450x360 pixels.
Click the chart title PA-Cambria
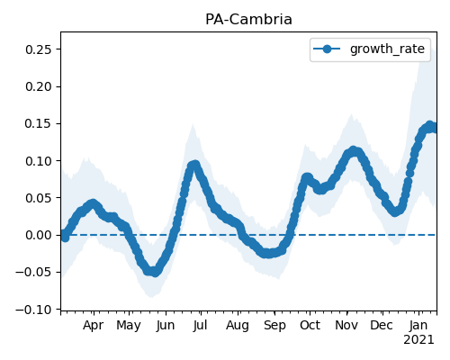click(x=248, y=20)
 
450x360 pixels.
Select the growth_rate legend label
click(x=387, y=49)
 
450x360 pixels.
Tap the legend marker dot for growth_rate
click(x=327, y=49)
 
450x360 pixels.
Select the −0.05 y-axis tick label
click(x=36, y=273)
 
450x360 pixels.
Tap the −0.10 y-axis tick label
click(x=36, y=310)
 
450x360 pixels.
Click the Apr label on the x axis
click(x=94, y=326)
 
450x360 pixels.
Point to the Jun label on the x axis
click(x=166, y=326)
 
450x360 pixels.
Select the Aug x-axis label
click(x=238, y=326)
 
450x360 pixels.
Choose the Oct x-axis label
click(x=310, y=325)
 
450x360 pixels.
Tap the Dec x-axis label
click(x=382, y=325)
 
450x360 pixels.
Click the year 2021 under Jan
click(x=418, y=340)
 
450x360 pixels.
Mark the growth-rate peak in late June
click(x=194, y=165)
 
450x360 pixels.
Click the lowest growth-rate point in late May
click(x=154, y=272)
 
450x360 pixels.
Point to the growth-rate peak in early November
click(x=354, y=151)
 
